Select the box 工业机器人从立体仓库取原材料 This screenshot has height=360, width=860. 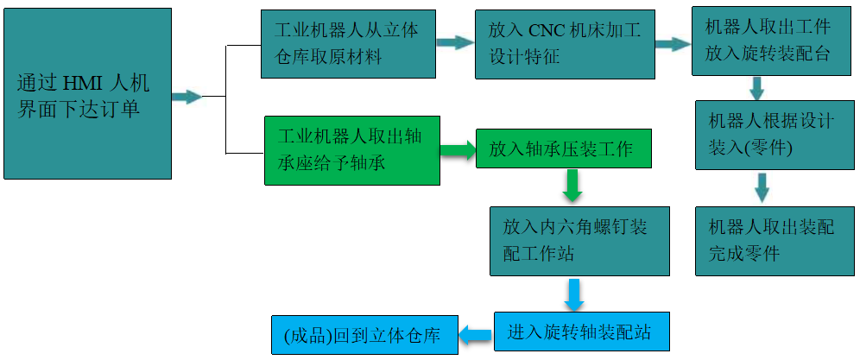tap(349, 44)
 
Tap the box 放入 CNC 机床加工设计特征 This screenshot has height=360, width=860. tap(563, 44)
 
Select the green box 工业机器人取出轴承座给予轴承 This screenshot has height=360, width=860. tap(352, 150)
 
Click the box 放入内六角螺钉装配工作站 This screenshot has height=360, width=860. tap(579, 241)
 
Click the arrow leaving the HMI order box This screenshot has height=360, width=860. tap(187, 97)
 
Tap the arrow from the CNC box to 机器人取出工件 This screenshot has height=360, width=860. tap(672, 43)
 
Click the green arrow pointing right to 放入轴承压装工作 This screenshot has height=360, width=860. tap(458, 150)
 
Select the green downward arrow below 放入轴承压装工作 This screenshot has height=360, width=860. tap(572, 185)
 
